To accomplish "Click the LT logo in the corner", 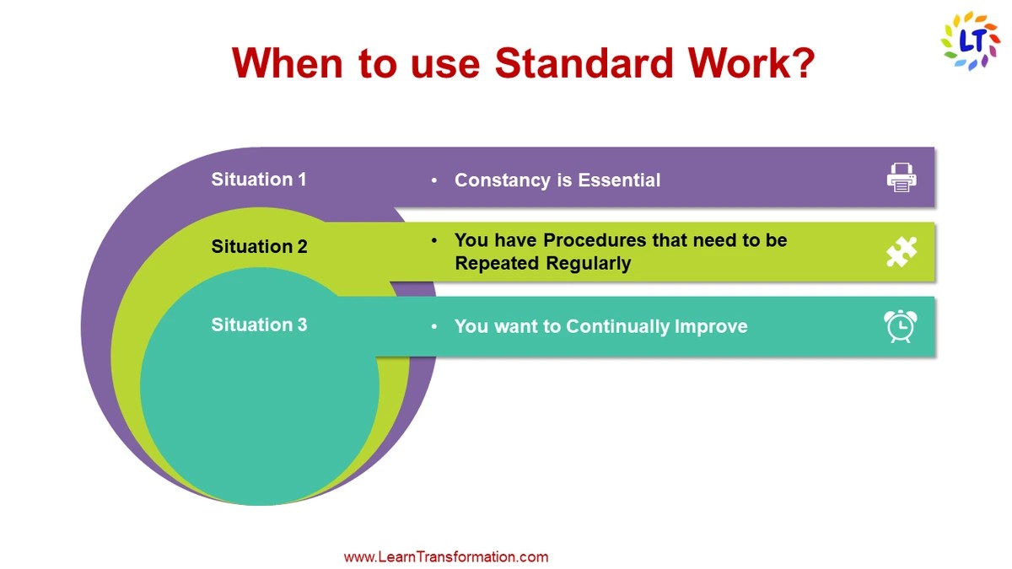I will (x=970, y=40).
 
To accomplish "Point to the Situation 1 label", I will (x=259, y=179).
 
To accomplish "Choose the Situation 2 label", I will (x=259, y=247).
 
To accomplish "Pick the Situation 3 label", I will (x=259, y=325).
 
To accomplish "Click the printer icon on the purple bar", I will (x=901, y=178).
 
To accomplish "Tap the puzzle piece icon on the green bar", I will (x=901, y=252).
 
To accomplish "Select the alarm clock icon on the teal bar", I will (x=901, y=326).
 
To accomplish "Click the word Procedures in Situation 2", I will (x=595, y=240).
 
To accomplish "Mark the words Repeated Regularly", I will (x=542, y=263).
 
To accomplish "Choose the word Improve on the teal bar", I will (x=710, y=326).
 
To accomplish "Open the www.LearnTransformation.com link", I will (x=446, y=556).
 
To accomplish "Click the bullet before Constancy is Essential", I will (x=434, y=181).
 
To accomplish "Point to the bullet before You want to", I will (x=434, y=327).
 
